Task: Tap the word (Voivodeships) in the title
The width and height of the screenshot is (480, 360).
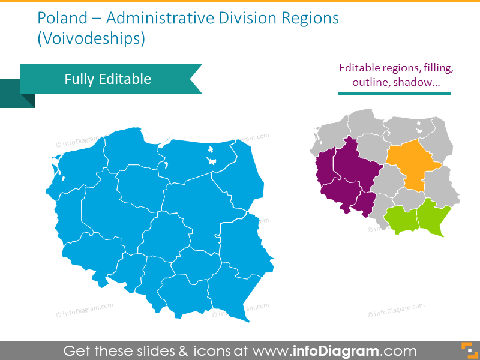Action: (x=91, y=40)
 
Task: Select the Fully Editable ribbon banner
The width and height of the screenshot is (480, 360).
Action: (x=108, y=79)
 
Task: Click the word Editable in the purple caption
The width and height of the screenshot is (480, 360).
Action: (x=362, y=68)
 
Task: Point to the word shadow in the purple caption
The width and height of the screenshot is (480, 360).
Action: (x=416, y=83)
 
